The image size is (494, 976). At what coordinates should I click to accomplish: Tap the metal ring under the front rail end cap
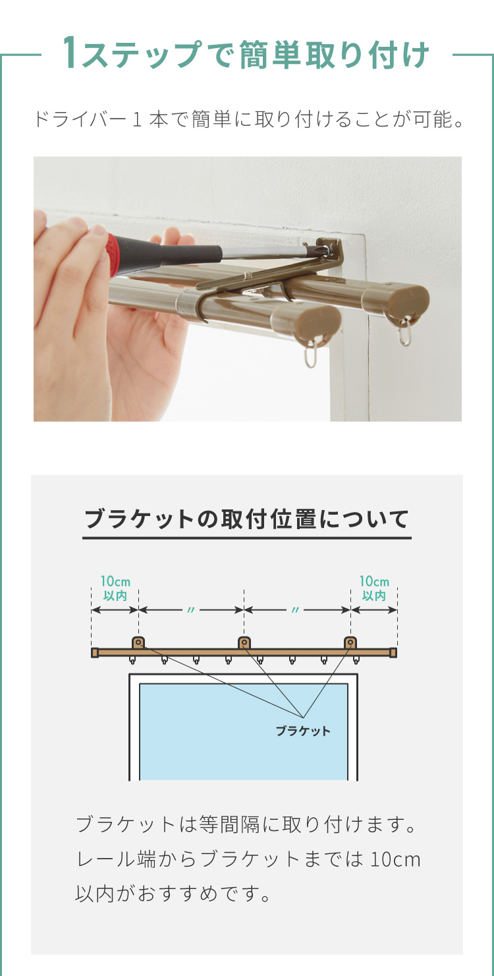(311, 354)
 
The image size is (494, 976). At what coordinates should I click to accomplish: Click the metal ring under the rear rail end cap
(404, 332)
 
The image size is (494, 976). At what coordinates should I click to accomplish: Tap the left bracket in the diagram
(138, 643)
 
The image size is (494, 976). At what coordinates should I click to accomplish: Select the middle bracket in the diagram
(244, 643)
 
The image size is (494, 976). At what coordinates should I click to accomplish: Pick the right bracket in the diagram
(350, 643)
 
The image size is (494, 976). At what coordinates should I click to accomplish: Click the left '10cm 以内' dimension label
(115, 588)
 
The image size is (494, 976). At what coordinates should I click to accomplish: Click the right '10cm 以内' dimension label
(373, 588)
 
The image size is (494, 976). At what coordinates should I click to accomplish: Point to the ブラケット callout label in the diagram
(303, 731)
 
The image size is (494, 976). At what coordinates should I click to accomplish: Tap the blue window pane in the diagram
(244, 732)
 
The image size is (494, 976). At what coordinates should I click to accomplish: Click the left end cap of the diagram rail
(95, 652)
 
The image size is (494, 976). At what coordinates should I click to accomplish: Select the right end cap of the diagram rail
(393, 652)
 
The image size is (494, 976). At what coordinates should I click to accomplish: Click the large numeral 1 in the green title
(71, 53)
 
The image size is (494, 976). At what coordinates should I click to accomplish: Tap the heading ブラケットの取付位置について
(246, 519)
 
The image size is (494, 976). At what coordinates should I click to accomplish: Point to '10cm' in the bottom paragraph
(396, 859)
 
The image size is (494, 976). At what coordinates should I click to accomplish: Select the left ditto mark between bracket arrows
(191, 610)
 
